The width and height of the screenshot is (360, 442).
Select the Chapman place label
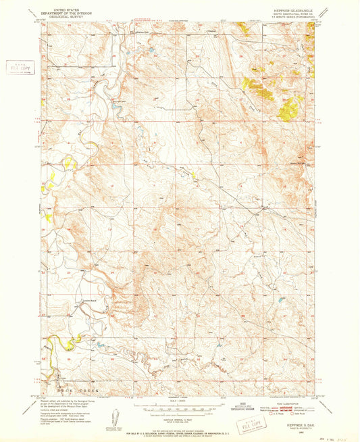click(x=211, y=30)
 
